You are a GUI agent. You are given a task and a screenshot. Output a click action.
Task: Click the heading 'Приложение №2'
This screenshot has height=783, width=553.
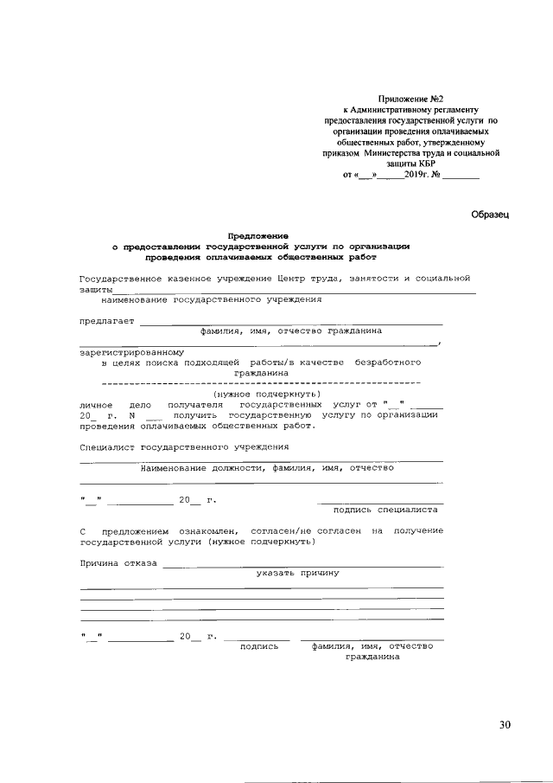pyautogui.click(x=410, y=99)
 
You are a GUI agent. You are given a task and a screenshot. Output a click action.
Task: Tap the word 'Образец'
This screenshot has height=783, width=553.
pyautogui.click(x=491, y=214)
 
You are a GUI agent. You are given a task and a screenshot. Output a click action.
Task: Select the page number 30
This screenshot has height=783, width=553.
pyautogui.click(x=505, y=723)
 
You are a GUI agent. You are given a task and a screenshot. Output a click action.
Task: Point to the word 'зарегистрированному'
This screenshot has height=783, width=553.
pyautogui.click(x=120, y=352)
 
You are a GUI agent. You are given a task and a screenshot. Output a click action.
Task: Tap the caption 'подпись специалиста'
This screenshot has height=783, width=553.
pyautogui.click(x=382, y=510)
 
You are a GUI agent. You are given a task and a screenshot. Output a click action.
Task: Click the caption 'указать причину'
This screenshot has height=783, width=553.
pyautogui.click(x=296, y=573)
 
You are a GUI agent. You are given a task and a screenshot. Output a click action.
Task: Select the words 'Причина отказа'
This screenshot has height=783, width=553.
pyautogui.click(x=118, y=562)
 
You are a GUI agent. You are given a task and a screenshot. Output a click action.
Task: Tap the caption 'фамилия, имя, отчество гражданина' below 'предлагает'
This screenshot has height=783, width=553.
pyautogui.click(x=291, y=331)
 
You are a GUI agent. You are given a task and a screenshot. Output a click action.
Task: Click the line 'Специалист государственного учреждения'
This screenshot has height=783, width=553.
pyautogui.click(x=184, y=446)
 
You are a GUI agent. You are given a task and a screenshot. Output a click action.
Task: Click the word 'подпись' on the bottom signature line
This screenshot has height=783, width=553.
pyautogui.click(x=259, y=645)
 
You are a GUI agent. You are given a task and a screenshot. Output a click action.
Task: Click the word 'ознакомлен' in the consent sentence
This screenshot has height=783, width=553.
pyautogui.click(x=208, y=529)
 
